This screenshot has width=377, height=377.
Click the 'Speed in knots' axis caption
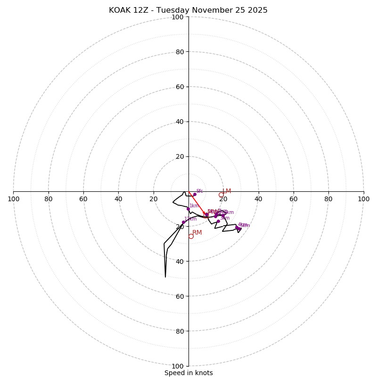pos(188,373)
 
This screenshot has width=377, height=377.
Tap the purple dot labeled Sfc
pos(195,194)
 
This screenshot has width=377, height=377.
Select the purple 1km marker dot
pos(188,209)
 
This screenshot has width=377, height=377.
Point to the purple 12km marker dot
pos(184,222)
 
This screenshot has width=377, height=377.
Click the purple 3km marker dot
pos(218,221)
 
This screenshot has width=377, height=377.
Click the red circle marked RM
pos(191,236)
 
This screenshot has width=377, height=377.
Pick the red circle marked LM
pos(221,195)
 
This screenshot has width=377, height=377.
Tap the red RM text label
pos(197,233)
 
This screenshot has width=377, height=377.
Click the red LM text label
pos(227,191)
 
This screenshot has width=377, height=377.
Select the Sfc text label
pos(199,191)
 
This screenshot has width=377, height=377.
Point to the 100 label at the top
pos(178,17)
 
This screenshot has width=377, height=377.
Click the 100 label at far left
pos(14,199)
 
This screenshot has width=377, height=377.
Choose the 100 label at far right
pos(363,199)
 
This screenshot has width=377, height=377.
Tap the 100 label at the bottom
pos(178,366)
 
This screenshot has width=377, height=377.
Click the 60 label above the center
pos(180,87)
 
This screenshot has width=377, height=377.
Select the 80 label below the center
pos(180,331)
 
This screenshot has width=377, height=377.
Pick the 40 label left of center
pos(118,199)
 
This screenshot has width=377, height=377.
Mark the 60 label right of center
pos(294,199)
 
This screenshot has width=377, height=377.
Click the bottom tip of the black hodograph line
pos(165,277)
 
